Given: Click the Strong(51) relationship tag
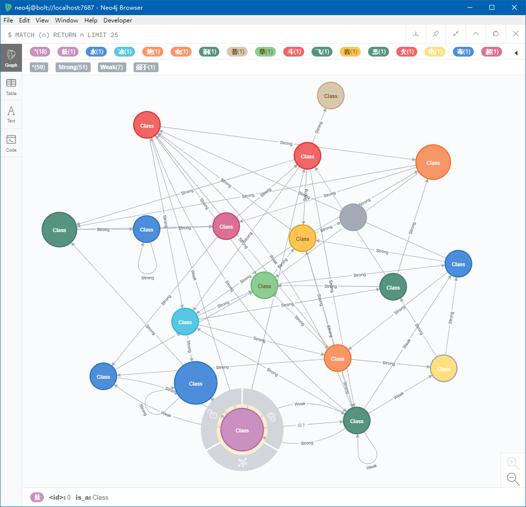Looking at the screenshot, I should [x=73, y=67].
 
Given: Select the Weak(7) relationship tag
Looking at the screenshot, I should [x=112, y=67].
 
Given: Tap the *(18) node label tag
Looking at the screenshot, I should [x=40, y=52].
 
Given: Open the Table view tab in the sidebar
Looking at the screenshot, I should [x=11, y=87].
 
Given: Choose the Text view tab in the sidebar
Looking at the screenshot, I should [x=11, y=115].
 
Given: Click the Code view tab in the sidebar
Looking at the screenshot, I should [x=11, y=143].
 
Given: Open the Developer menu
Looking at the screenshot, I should [x=117, y=20].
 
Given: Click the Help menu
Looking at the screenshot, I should [x=91, y=20].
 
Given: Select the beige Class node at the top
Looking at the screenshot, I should [x=331, y=96].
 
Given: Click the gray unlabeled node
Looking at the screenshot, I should [x=353, y=217].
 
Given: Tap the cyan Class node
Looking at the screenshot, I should [x=185, y=322].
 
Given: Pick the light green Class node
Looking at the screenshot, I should [x=264, y=286].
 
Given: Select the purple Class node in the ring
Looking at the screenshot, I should [x=242, y=430].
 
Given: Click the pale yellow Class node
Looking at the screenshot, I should [x=444, y=369].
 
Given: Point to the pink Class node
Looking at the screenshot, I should [x=226, y=227].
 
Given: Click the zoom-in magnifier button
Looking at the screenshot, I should [x=512, y=463].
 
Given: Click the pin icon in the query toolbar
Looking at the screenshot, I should [x=436, y=34].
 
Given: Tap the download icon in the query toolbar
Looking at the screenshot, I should [x=416, y=34].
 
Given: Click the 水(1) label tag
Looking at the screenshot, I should [x=96, y=52].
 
